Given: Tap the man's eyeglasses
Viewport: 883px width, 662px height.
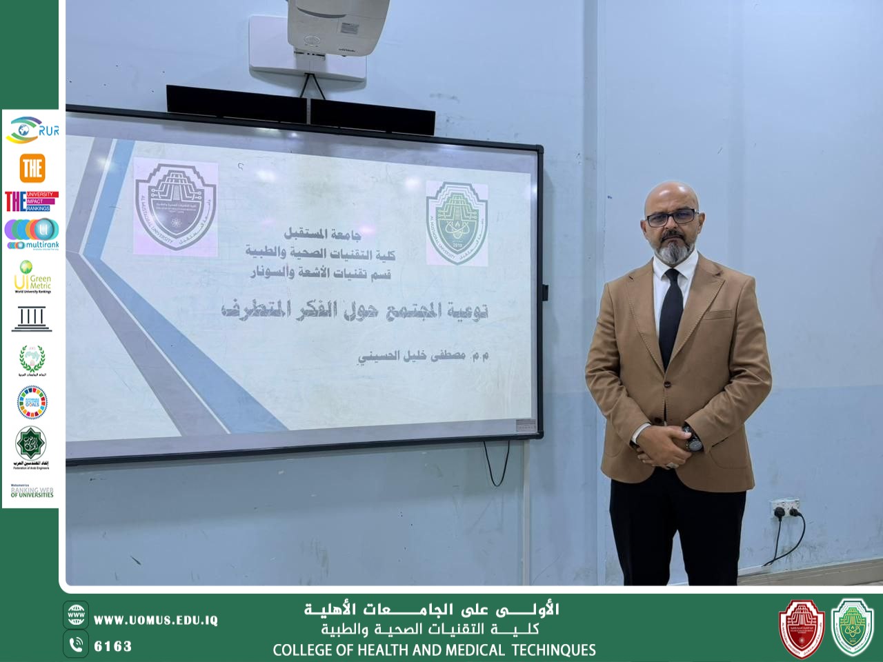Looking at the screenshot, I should pos(671,217).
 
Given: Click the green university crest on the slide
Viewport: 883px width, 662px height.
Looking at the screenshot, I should pos(456,223).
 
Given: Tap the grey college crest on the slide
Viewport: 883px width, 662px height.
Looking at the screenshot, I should pos(175,205).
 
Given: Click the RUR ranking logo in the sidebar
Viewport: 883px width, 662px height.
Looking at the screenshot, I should pos(32,130).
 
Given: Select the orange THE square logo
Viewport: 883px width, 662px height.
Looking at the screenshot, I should pos(32,168).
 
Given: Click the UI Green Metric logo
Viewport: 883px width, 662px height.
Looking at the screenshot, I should pos(32,277).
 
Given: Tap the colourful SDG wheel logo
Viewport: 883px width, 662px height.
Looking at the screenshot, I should pos(32,402).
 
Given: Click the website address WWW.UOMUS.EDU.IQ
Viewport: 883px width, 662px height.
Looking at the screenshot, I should pos(156,620).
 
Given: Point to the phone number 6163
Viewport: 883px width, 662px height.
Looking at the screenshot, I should pos(113,646).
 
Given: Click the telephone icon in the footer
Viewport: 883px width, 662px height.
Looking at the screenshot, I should pos(76,645).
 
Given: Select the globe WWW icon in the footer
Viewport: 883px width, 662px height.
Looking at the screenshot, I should pos(76,614).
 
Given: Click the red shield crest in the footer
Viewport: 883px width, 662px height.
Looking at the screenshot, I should pos(802,627).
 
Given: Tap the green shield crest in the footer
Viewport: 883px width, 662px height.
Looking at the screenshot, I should pos(853,627).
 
